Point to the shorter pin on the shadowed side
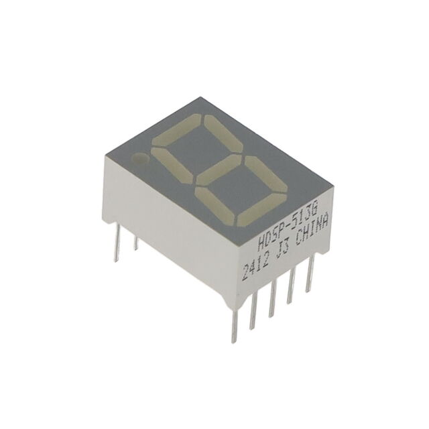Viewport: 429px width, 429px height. tap(135, 241)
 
